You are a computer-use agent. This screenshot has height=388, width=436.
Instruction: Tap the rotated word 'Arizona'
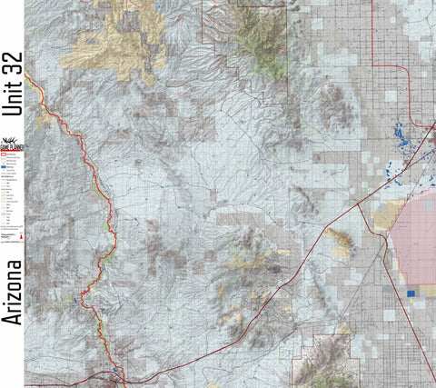pos(12,292)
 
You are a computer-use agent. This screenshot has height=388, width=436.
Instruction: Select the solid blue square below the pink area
pos(411,293)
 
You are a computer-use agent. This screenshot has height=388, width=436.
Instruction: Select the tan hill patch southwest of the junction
pos(342,241)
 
